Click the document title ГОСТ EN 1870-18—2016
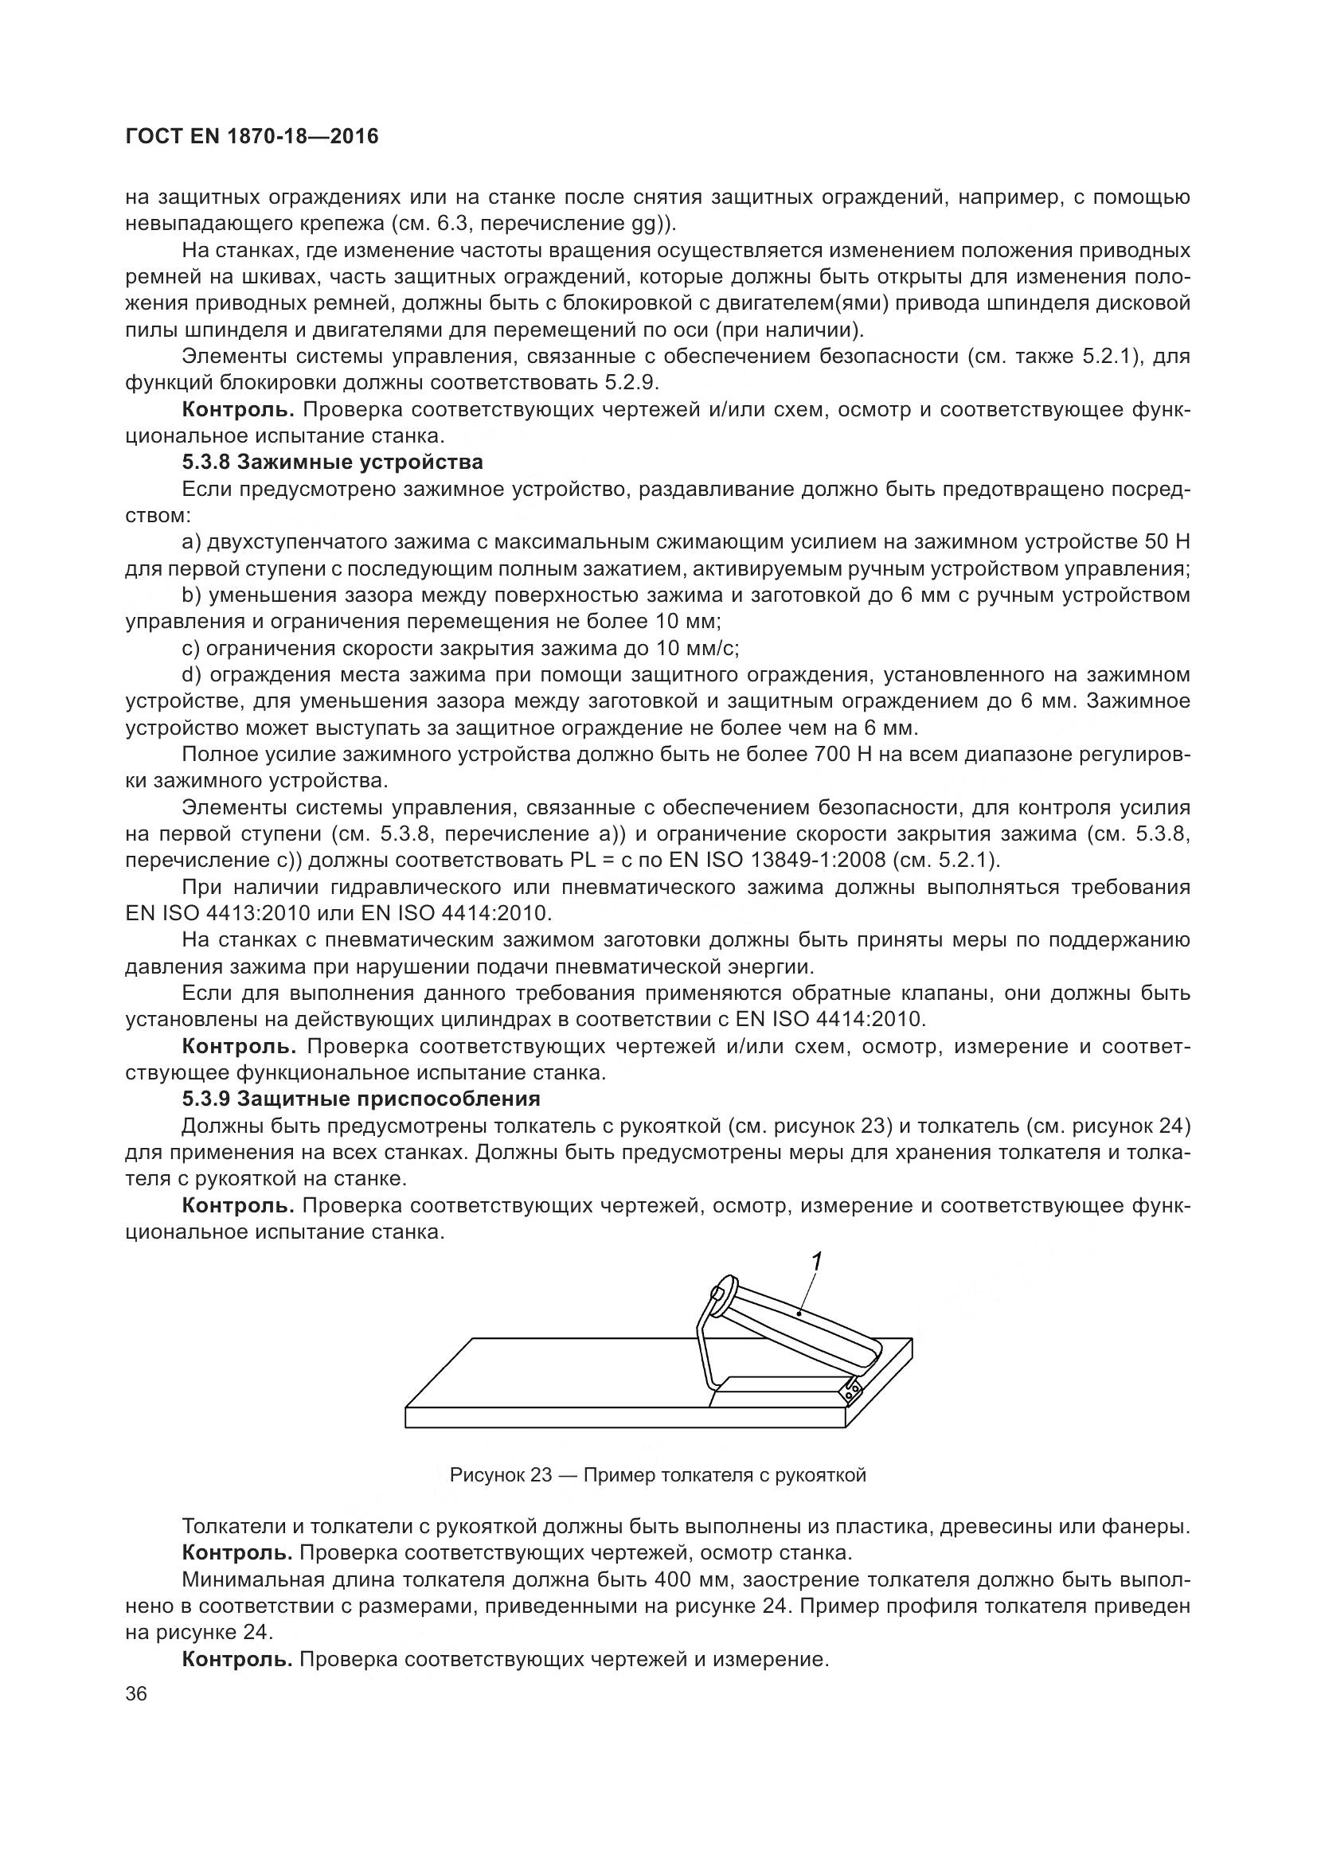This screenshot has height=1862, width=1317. pos(252,137)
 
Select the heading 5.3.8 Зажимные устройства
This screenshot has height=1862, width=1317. pos(333,463)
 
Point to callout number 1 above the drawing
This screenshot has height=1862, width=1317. pos(817,1261)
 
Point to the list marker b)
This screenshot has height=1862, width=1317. pos(191,595)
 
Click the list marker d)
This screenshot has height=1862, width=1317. pos(191,675)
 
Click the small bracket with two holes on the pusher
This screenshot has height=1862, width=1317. pos(850,1391)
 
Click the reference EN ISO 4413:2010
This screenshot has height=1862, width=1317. pos(217,913)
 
